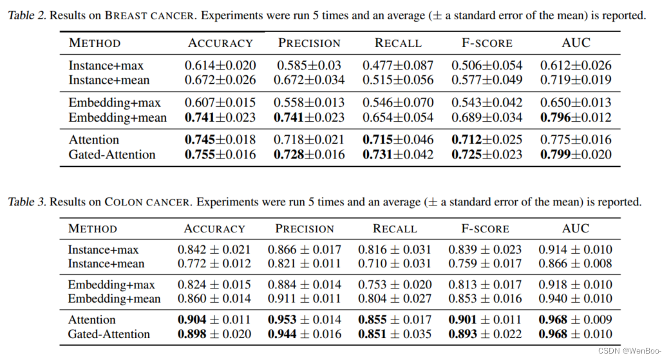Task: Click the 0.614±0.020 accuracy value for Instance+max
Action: [220, 66]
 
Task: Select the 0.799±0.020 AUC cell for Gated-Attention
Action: [576, 155]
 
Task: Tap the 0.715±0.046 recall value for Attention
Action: [398, 140]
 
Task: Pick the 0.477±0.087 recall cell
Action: [398, 66]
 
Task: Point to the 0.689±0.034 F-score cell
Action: [487, 118]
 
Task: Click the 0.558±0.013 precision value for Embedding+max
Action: [309, 103]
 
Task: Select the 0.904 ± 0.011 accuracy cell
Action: [214, 320]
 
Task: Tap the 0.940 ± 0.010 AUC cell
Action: [576, 299]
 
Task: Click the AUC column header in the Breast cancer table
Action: [576, 43]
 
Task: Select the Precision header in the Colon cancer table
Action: [305, 229]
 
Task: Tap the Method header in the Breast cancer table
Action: [95, 43]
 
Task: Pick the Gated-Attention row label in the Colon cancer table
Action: [109, 334]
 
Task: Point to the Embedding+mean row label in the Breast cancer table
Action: [117, 118]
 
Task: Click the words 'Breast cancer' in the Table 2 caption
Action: [150, 15]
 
